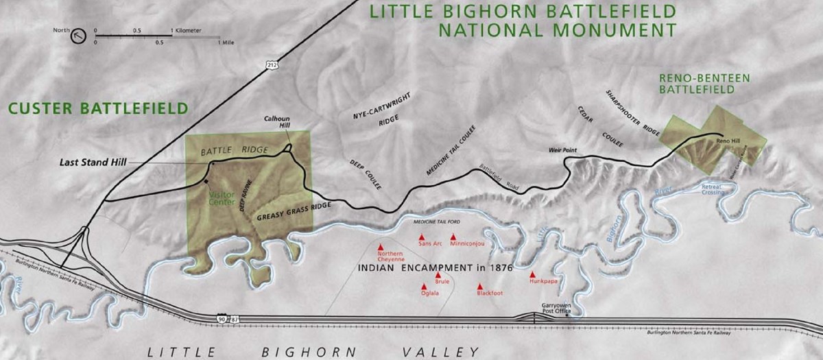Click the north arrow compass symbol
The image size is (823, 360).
80,35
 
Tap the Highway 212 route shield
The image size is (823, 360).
272,64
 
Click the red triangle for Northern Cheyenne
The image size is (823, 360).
380,246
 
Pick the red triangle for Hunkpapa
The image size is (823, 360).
532,274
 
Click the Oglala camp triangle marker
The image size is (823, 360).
425,287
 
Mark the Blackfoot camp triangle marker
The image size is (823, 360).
481,287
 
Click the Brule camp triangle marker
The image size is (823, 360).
438,275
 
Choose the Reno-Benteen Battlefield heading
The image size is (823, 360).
696,83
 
